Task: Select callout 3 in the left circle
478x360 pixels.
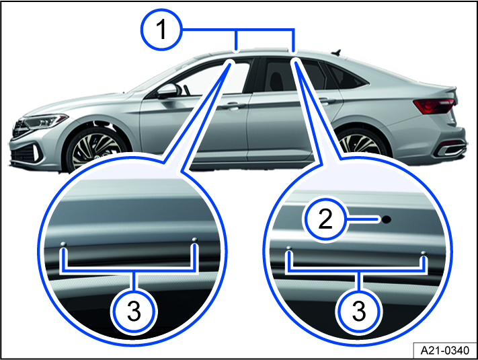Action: click(134, 311)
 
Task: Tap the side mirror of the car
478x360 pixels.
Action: click(166, 92)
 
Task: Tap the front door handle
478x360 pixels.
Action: click(232, 106)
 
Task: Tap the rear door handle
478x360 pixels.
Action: click(327, 101)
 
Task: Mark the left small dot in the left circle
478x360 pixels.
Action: click(63, 243)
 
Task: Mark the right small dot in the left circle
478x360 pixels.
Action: click(194, 239)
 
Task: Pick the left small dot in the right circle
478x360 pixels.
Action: click(288, 248)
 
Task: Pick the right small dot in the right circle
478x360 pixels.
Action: click(424, 253)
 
